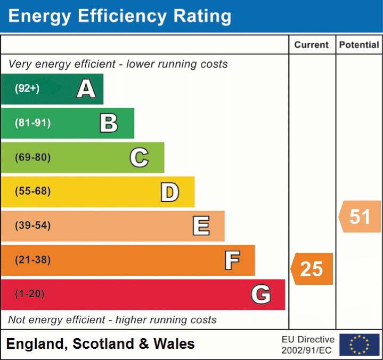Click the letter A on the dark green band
tap(86, 89)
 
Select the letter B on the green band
tap(109, 123)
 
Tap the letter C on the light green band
tap(139, 157)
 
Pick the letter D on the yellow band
tap(169, 191)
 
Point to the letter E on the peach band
tap(201, 226)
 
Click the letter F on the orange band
tap(232, 260)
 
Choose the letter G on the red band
tap(261, 294)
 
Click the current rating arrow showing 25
tap(312, 269)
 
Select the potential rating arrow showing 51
tap(361, 217)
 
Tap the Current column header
tap(312, 45)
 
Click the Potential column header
tap(359, 45)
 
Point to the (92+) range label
tap(27, 89)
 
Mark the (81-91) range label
tap(33, 123)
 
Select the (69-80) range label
tap(33, 157)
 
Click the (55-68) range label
tap(33, 191)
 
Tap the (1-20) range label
tap(30, 294)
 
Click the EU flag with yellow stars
tap(360, 345)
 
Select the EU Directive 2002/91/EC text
tap(308, 345)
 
